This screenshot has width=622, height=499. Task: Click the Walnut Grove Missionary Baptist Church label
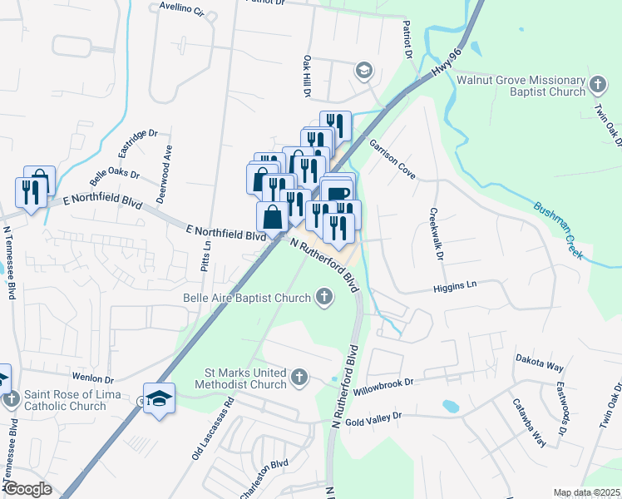point(521,86)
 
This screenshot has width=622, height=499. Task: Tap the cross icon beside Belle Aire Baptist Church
point(323,297)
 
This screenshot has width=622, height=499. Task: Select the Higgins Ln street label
point(453,287)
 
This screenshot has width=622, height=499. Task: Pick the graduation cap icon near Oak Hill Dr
point(363,71)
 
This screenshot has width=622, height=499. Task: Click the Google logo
point(27,489)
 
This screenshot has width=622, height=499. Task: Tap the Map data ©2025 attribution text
point(586,493)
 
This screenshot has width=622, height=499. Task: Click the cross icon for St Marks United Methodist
point(300,379)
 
